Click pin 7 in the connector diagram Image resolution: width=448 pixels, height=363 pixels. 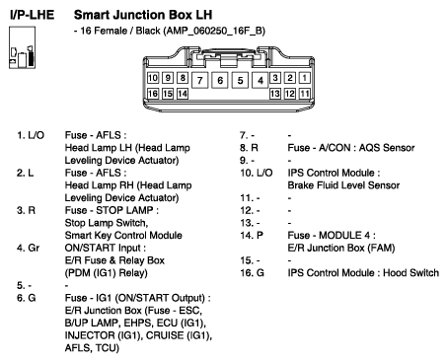pyautogui.click(x=199, y=80)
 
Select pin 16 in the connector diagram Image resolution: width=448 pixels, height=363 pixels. pyautogui.click(x=153, y=94)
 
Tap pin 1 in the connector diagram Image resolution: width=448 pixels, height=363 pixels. pyautogui.click(x=305, y=78)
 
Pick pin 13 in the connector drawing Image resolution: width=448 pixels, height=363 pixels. pyautogui.click(x=275, y=94)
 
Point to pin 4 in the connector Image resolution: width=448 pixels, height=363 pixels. pyautogui.click(x=261, y=80)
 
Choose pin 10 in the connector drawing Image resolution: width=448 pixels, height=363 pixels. pyautogui.click(x=153, y=78)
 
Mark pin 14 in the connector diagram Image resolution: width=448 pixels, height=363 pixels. pyautogui.click(x=183, y=94)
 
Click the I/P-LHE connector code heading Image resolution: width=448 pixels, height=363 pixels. pyautogui.click(x=32, y=15)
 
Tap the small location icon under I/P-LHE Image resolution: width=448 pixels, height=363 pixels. pyautogui.click(x=22, y=47)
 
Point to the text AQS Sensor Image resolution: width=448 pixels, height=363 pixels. pyautogui.click(x=387, y=148)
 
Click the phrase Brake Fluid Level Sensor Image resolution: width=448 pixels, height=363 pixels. pyautogui.click(x=343, y=185)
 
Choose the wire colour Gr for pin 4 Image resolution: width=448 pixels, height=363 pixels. pyautogui.click(x=34, y=248)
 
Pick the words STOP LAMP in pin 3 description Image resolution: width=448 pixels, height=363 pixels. pyautogui.click(x=124, y=210)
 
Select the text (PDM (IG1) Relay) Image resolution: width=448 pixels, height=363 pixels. pyautogui.click(x=106, y=273)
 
